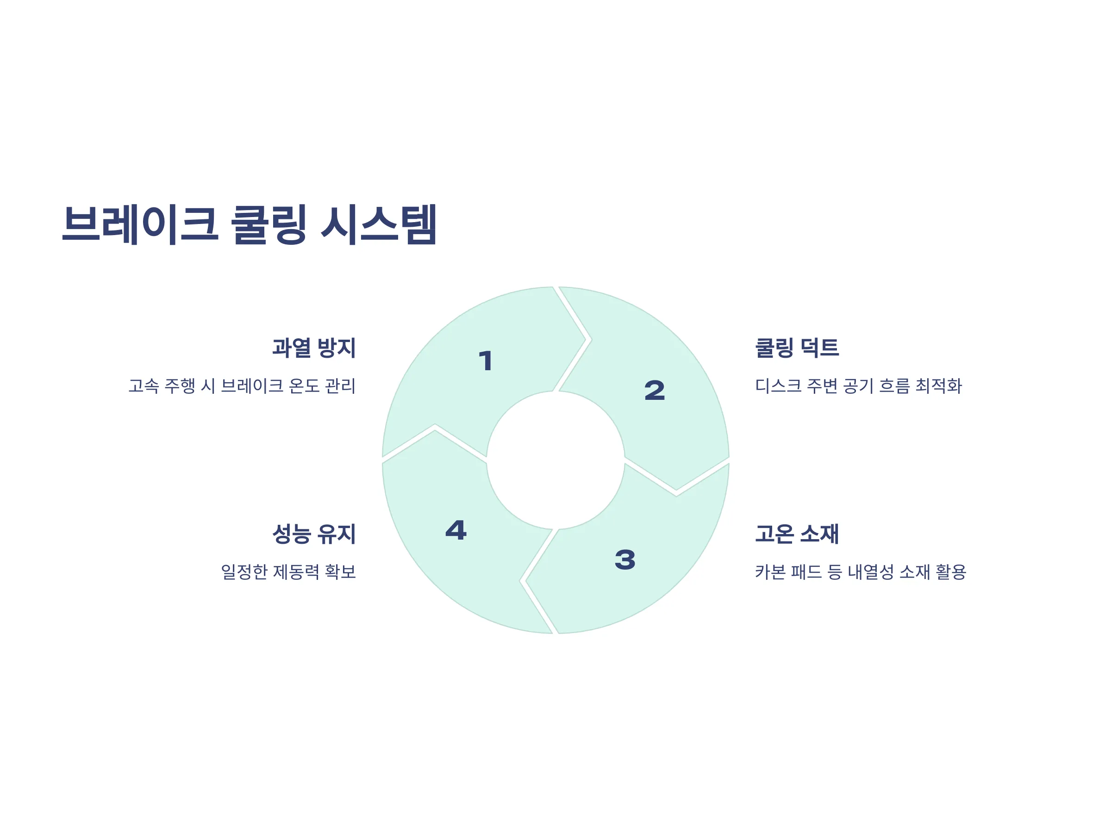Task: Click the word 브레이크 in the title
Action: click(140, 224)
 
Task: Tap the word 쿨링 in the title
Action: click(268, 224)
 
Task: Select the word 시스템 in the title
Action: click(379, 224)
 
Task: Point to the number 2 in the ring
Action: click(655, 391)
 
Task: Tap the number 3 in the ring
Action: click(625, 560)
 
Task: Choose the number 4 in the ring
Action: click(456, 530)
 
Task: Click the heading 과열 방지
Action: click(314, 348)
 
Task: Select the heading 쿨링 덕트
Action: click(797, 348)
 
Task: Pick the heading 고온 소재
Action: click(797, 533)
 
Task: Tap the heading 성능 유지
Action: click(314, 533)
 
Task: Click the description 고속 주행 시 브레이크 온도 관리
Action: click(242, 385)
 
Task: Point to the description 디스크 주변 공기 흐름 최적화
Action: click(858, 385)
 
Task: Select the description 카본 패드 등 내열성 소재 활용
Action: click(861, 572)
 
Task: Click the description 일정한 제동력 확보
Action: click(288, 572)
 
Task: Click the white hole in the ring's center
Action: click(555, 460)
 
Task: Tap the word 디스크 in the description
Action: click(778, 385)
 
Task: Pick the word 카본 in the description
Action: click(770, 572)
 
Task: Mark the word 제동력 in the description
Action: click(296, 572)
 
